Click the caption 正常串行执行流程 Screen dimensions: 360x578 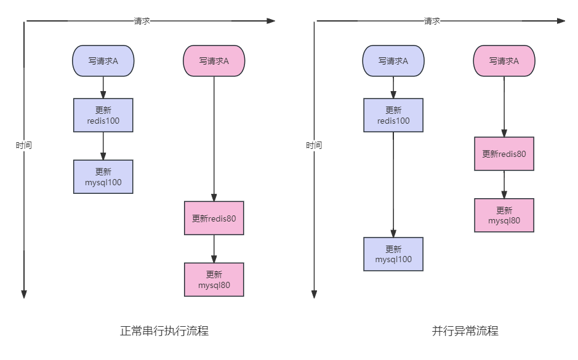click(x=164, y=331)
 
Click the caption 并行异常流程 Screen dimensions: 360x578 click(x=465, y=331)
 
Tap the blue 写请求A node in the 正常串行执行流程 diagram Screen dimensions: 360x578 click(x=103, y=61)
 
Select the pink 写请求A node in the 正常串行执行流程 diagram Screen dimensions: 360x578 click(x=214, y=61)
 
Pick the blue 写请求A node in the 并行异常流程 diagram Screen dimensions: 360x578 click(x=393, y=61)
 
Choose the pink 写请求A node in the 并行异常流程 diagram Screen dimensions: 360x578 click(x=504, y=61)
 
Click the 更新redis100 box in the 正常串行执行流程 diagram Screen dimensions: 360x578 click(x=103, y=116)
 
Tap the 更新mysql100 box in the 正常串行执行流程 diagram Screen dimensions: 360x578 click(x=103, y=177)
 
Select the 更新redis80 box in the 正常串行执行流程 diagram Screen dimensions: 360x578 click(x=214, y=218)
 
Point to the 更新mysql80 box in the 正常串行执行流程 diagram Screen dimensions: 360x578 click(x=214, y=280)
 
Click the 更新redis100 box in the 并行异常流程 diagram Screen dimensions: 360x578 click(x=393, y=116)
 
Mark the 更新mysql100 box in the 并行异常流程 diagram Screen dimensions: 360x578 click(x=393, y=254)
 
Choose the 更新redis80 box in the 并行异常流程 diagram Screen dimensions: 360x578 click(x=504, y=154)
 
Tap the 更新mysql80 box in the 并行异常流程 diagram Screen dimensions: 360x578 click(x=504, y=215)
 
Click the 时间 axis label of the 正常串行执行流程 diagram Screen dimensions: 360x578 click(x=24, y=146)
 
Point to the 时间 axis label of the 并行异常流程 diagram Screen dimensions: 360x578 click(x=314, y=146)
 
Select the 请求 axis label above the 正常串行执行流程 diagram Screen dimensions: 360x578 click(x=142, y=21)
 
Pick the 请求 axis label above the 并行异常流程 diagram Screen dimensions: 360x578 click(x=432, y=21)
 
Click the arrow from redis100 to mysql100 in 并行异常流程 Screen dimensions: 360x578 click(x=393, y=185)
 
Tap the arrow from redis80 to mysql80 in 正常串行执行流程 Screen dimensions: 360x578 click(x=214, y=249)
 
